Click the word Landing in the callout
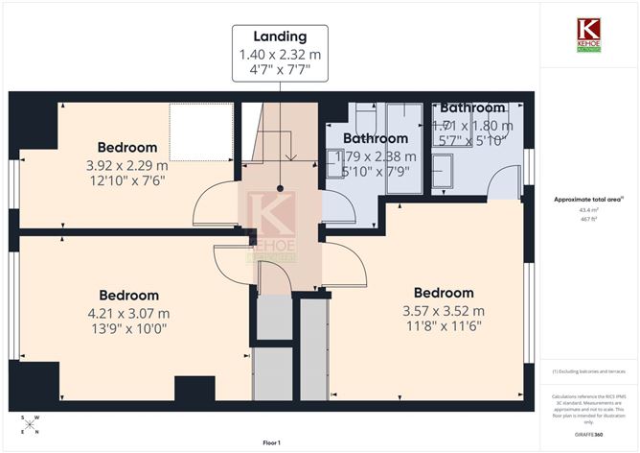click(280, 38)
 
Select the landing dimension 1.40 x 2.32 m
click(280, 56)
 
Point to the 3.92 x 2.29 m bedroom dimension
click(126, 164)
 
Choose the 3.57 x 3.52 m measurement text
click(443, 310)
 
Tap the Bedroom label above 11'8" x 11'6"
click(443, 293)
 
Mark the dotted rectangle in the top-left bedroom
click(201, 132)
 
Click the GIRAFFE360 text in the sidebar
click(587, 435)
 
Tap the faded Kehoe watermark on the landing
click(272, 226)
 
